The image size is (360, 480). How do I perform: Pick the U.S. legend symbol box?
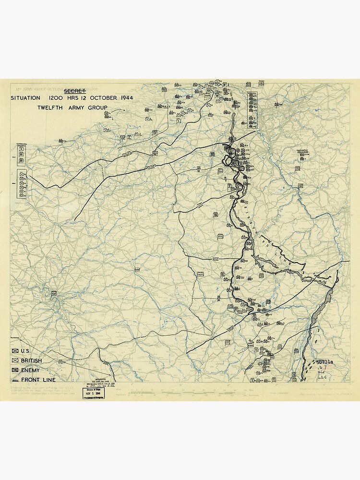(15, 351)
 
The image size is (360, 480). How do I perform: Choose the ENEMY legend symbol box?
(15, 371)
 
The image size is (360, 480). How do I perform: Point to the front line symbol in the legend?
(15, 380)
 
